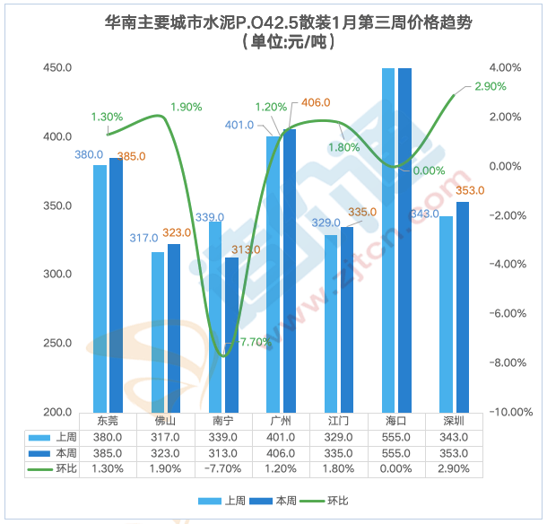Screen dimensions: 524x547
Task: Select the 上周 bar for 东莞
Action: (x=100, y=287)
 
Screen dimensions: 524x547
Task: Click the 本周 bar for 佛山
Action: (x=174, y=327)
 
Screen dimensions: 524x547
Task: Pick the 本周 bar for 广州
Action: (x=289, y=270)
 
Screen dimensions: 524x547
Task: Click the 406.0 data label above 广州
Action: (x=317, y=101)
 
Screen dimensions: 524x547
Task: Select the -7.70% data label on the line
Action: (x=252, y=342)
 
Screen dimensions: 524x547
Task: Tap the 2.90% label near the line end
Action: (x=489, y=86)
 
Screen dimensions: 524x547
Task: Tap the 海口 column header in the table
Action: (x=395, y=420)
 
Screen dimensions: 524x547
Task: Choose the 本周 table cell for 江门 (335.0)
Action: (x=338, y=452)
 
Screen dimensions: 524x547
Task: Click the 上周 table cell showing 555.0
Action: (x=395, y=436)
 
